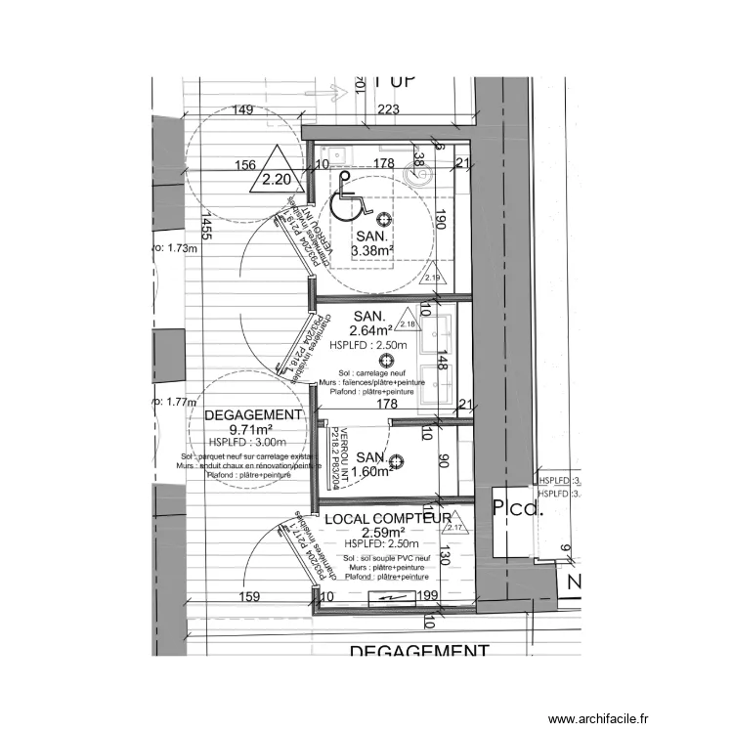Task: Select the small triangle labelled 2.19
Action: pos(434,279)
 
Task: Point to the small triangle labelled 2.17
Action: pos(454,527)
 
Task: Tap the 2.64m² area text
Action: pos(370,330)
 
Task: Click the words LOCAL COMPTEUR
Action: pos(386,518)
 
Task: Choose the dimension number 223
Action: pos(388,110)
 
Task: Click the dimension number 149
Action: pos(243,110)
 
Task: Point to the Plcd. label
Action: pos(515,508)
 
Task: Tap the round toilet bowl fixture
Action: pos(418,171)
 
